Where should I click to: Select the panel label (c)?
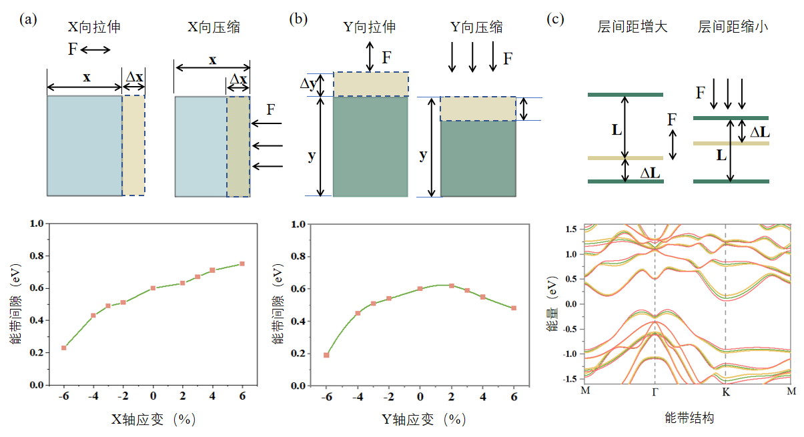click(555, 19)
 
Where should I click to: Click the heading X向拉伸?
click(94, 27)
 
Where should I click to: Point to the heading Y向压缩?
click(476, 27)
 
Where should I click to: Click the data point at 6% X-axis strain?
click(242, 264)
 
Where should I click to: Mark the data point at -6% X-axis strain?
click(64, 348)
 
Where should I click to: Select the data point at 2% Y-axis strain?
click(452, 286)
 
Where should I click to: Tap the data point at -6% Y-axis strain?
click(326, 355)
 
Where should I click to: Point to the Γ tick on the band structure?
click(655, 391)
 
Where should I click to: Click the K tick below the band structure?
click(725, 391)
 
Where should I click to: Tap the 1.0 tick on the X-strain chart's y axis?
click(37, 224)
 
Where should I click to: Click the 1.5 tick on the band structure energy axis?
click(570, 229)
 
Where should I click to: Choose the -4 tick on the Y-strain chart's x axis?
click(358, 397)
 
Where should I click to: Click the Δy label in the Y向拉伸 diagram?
click(308, 85)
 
